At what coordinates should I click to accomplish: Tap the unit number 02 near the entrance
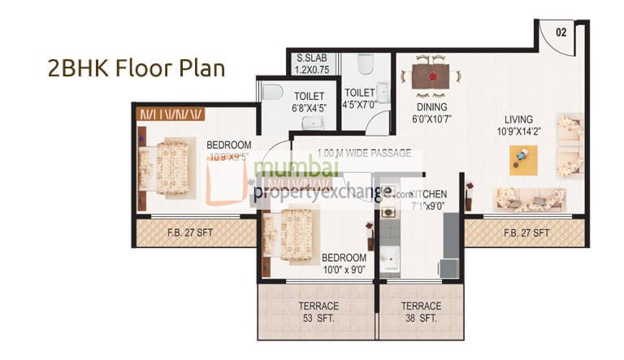point(561,32)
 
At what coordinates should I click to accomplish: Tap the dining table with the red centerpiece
point(431,77)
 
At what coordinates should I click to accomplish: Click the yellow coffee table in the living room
point(523,159)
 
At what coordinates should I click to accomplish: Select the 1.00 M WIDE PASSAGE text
point(364,153)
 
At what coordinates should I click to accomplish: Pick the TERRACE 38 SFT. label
point(421,311)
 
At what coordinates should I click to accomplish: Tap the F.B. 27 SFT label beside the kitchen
point(526,233)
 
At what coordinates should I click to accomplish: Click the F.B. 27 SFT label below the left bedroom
point(192,233)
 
